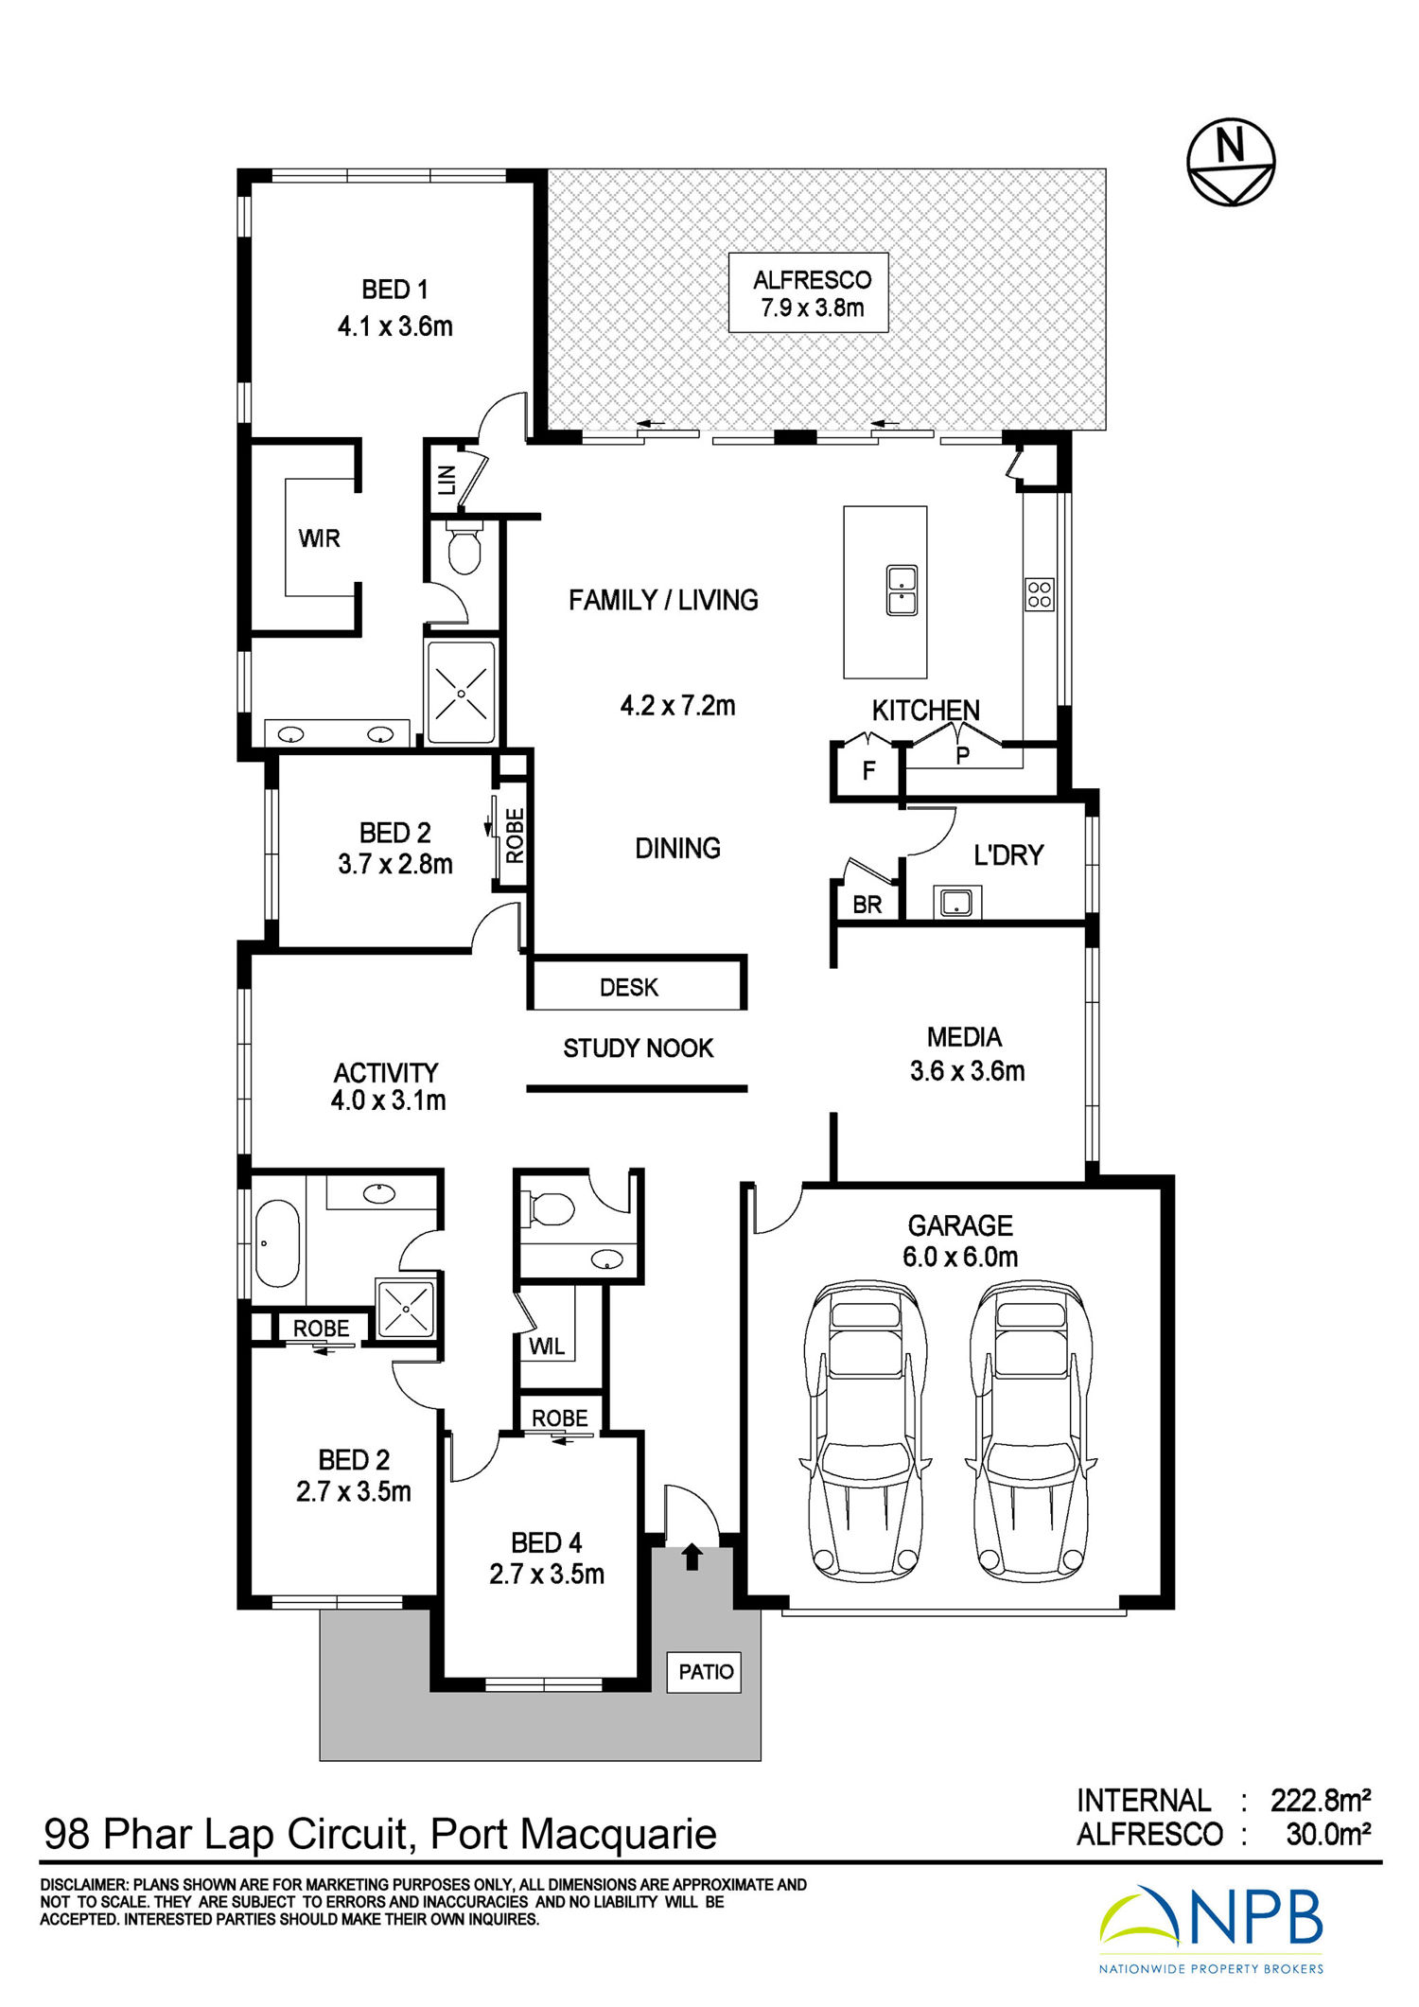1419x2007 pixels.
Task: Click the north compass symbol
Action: pos(1231,161)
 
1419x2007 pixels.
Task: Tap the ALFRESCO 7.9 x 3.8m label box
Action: pos(809,292)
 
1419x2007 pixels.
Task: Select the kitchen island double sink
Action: pos(902,590)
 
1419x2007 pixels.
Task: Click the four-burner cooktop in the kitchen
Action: pos(1040,593)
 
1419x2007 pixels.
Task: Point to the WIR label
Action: pos(320,538)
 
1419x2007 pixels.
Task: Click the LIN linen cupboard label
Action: pos(447,480)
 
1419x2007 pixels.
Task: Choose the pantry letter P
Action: pos(963,755)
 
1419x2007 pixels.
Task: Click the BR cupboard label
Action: pos(867,905)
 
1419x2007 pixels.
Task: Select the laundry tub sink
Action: pos(957,902)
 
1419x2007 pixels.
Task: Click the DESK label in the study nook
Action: pos(629,987)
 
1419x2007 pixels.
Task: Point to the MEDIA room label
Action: pos(964,1037)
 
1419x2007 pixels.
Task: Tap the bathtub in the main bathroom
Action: pos(277,1243)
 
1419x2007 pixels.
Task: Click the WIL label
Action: pos(547,1346)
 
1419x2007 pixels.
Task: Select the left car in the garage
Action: pos(865,1430)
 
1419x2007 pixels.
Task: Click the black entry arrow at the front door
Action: pos(692,1557)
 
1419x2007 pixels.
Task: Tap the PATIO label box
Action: pos(706,1672)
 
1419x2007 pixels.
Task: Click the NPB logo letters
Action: pos(1255,1916)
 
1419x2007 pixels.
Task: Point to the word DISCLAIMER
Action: pos(83,1885)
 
